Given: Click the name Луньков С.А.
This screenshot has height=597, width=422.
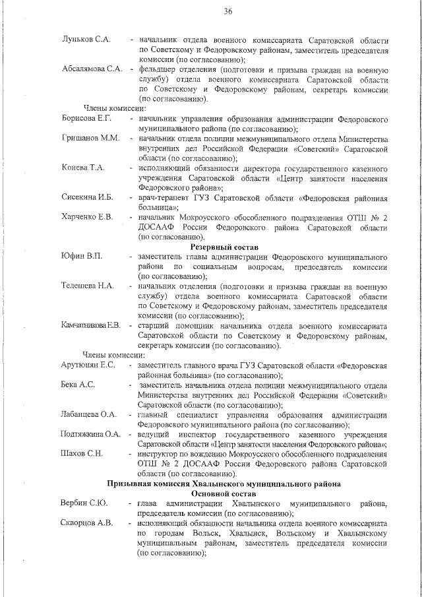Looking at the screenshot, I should tap(85, 40).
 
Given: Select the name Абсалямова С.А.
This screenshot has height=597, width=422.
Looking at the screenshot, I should tap(92, 69).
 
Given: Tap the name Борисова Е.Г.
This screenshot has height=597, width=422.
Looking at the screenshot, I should tap(86, 119).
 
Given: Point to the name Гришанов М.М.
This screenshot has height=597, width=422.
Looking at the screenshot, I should tap(90, 139).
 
